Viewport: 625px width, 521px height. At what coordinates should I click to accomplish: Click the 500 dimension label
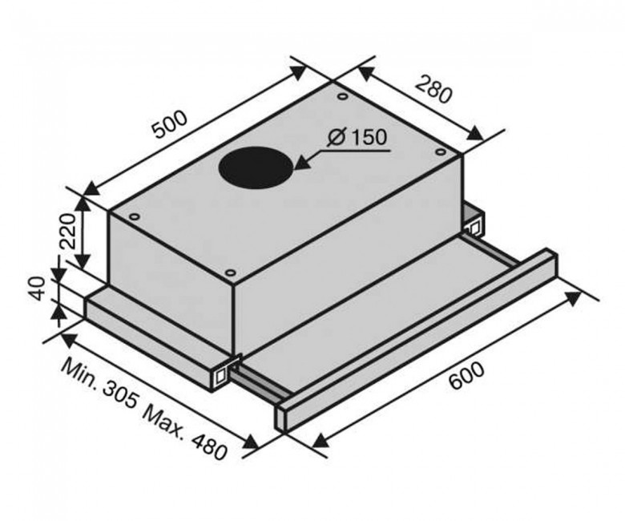click(170, 124)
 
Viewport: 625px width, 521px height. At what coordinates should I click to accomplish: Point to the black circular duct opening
click(256, 166)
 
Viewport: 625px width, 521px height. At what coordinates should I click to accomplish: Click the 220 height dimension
click(67, 231)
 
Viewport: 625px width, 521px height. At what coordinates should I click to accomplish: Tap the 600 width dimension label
click(467, 375)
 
